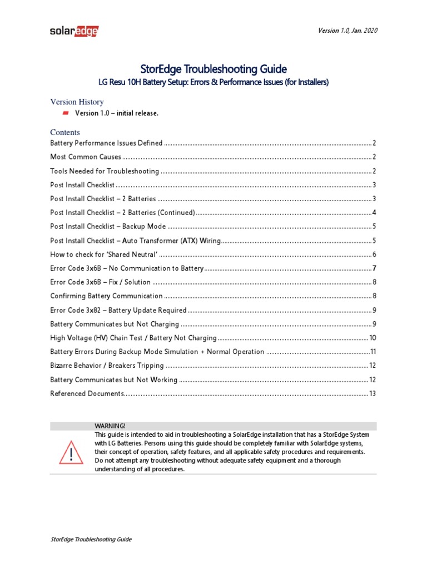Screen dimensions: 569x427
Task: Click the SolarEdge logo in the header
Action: (x=74, y=31)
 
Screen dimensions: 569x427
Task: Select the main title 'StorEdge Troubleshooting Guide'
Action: (x=213, y=69)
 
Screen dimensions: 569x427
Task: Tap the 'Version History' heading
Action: (x=77, y=102)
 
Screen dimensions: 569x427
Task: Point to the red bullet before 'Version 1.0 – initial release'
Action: (x=66, y=113)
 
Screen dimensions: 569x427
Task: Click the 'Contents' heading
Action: (x=65, y=132)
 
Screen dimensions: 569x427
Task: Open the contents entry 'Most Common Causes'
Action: (x=86, y=157)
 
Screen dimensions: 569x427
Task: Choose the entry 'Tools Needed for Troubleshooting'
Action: (x=105, y=171)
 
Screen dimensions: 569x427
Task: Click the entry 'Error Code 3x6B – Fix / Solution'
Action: (x=100, y=282)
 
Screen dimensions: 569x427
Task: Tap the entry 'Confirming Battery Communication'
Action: (x=106, y=296)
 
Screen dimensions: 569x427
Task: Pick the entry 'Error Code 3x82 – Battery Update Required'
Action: (x=118, y=310)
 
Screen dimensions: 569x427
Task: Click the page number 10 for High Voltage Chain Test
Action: (x=373, y=338)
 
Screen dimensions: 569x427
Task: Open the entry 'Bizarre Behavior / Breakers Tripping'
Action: (x=107, y=366)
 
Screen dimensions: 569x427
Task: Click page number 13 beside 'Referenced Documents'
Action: (x=373, y=393)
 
